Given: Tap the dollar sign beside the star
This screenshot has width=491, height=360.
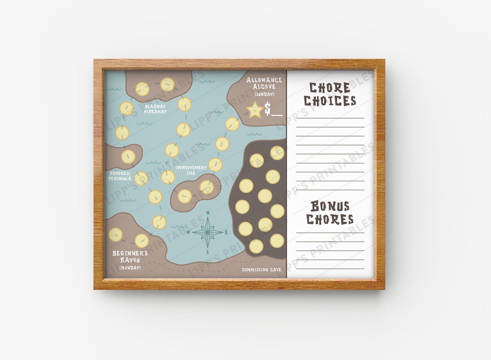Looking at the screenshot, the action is coord(267,109).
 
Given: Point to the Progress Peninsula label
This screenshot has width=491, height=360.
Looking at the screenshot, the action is coord(120,176).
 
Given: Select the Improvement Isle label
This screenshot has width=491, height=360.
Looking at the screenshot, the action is coord(191,170).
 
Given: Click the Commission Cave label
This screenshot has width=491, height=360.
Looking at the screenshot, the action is coord(262,270).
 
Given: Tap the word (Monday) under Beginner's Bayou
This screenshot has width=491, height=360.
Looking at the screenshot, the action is coord(130,268).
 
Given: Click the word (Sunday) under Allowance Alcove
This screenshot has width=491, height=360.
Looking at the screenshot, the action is coord(264,94).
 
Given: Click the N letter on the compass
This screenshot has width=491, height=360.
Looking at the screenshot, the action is coord(208,212).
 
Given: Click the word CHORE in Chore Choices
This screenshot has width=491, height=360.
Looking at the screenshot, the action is coord(330,88).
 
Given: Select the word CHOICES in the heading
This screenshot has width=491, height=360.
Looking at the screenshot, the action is coord(330,101).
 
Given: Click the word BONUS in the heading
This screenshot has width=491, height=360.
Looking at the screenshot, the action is coord(330,206).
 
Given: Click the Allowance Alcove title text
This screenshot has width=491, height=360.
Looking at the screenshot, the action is coord(264,83).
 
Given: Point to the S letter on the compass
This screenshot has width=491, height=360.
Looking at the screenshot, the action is coord(208,252).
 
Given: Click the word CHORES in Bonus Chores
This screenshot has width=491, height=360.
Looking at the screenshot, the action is coord(330,219).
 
